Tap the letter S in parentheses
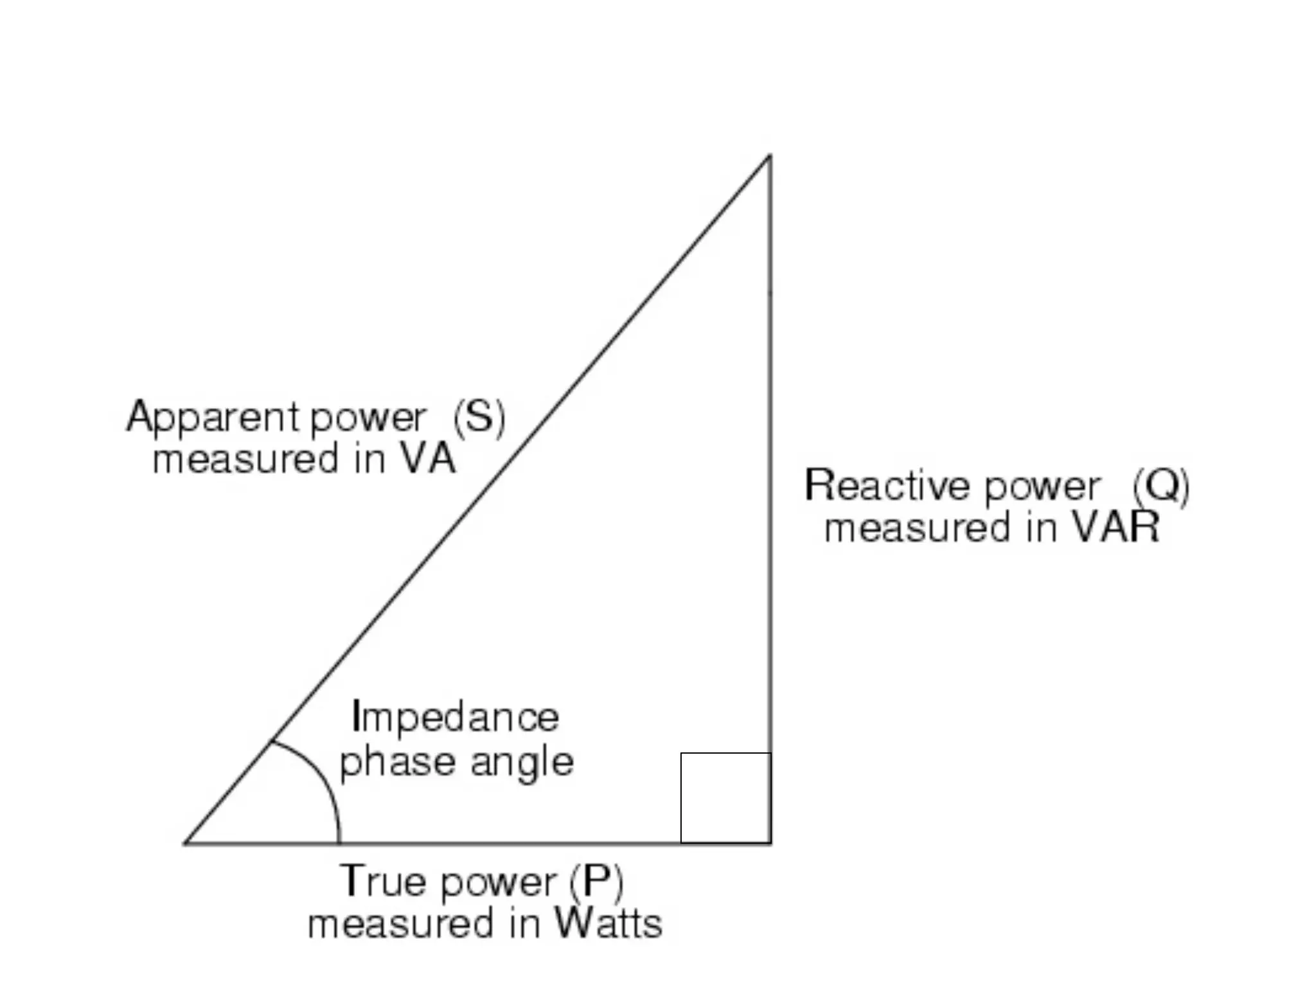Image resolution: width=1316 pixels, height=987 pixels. click(x=479, y=417)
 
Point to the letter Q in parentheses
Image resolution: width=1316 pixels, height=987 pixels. click(x=1161, y=486)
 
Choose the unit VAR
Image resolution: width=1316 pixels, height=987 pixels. click(x=1115, y=528)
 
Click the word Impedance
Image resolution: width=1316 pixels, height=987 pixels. click(x=456, y=717)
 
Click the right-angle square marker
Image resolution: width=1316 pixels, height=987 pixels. click(x=725, y=797)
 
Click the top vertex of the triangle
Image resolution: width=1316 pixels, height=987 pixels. click(x=770, y=156)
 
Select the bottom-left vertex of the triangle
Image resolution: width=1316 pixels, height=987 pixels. click(x=186, y=842)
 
